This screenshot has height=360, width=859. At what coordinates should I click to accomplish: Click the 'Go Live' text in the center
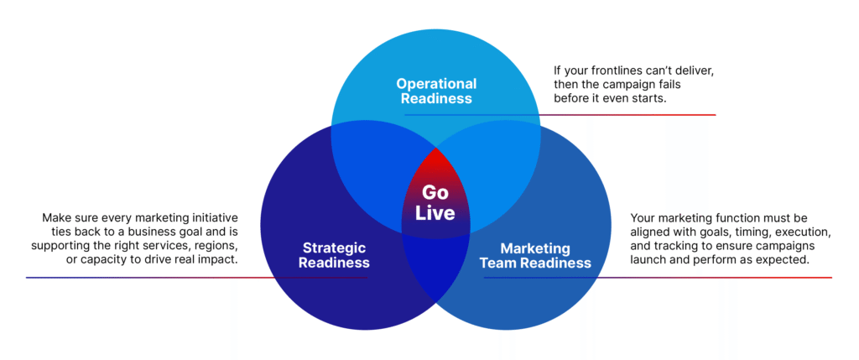click(435, 203)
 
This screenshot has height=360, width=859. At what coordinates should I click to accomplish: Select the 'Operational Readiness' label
click(436, 91)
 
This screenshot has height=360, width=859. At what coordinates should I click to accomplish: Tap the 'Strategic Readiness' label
click(333, 255)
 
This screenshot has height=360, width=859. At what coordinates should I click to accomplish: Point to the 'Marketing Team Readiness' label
click(536, 255)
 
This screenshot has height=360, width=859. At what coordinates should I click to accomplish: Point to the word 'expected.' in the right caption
click(787, 260)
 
